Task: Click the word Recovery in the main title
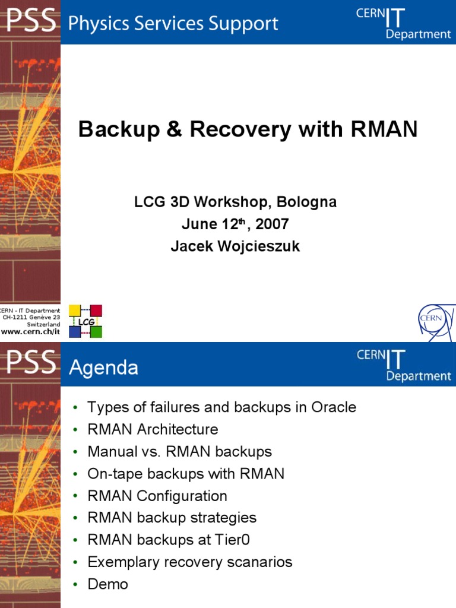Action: click(x=230, y=129)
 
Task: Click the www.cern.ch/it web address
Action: click(x=30, y=331)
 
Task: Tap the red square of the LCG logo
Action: click(x=96, y=311)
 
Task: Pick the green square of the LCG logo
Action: click(x=96, y=332)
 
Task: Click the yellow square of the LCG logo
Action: click(x=75, y=310)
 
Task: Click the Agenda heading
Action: click(x=104, y=368)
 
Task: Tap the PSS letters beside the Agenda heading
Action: click(x=31, y=363)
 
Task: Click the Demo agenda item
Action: click(x=107, y=584)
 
